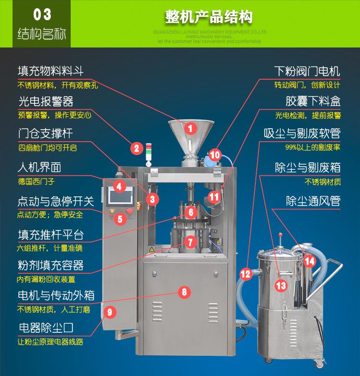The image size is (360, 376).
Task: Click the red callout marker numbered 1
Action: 190,128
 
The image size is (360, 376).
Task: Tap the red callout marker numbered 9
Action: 109,312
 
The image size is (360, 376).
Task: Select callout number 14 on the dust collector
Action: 310,261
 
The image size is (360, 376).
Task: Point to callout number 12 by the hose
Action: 246,274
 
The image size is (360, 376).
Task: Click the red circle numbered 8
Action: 184,291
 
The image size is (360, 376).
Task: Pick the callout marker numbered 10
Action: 215,155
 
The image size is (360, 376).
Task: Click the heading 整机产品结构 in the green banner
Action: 209,18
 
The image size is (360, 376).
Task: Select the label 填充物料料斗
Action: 50,71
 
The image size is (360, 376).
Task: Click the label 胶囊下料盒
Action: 313,101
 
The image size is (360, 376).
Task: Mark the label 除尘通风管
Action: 313,200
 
